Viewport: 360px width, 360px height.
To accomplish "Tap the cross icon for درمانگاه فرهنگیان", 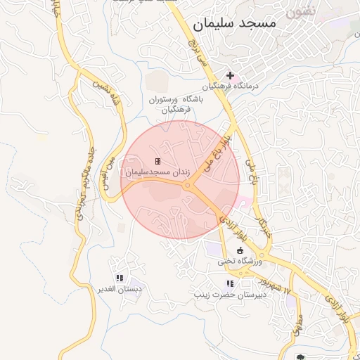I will click(x=230, y=75).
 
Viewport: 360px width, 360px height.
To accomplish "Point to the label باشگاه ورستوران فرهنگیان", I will click(x=176, y=105).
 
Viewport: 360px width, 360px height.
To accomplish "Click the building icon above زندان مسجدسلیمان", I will click(x=157, y=161).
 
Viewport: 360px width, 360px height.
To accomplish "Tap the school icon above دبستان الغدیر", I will click(x=119, y=278).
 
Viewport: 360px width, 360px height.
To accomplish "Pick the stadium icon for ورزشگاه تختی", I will click(x=240, y=250).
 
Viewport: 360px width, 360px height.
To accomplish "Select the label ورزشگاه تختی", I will click(x=239, y=261).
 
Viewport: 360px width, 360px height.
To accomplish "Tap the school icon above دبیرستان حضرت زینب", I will click(x=229, y=283).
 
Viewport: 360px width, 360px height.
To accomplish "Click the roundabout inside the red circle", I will click(x=188, y=186).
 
